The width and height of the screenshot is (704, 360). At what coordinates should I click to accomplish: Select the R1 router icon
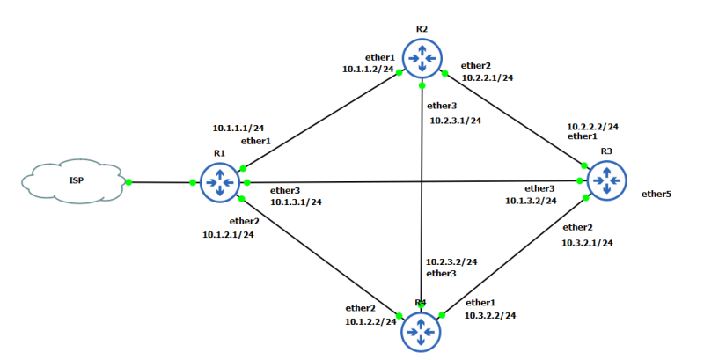click(x=219, y=182)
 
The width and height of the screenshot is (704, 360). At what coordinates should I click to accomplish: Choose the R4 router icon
click(x=422, y=333)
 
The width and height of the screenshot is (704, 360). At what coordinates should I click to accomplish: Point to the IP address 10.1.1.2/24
click(x=368, y=68)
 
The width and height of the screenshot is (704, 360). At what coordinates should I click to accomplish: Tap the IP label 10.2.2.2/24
click(x=592, y=126)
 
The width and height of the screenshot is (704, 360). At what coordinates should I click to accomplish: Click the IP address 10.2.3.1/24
click(x=455, y=121)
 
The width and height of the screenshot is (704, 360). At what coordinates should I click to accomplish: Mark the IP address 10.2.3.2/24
click(x=451, y=261)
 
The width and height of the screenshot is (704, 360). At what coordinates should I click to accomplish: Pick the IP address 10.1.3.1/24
click(x=296, y=202)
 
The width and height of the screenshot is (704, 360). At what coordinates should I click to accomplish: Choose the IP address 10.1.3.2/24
click(x=531, y=201)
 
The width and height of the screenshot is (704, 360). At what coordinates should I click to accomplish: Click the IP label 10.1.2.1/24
click(x=228, y=234)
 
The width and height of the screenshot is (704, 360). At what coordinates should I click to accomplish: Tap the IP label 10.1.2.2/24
click(x=370, y=321)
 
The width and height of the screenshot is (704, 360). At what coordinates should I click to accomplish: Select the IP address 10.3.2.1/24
click(x=587, y=242)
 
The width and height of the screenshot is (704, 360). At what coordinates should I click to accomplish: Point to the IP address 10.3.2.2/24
click(x=490, y=314)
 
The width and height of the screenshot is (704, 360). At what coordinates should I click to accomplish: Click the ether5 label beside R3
click(x=656, y=194)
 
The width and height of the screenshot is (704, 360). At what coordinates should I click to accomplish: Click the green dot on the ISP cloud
click(x=128, y=182)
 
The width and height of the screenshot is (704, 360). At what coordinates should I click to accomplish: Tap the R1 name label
click(x=219, y=152)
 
